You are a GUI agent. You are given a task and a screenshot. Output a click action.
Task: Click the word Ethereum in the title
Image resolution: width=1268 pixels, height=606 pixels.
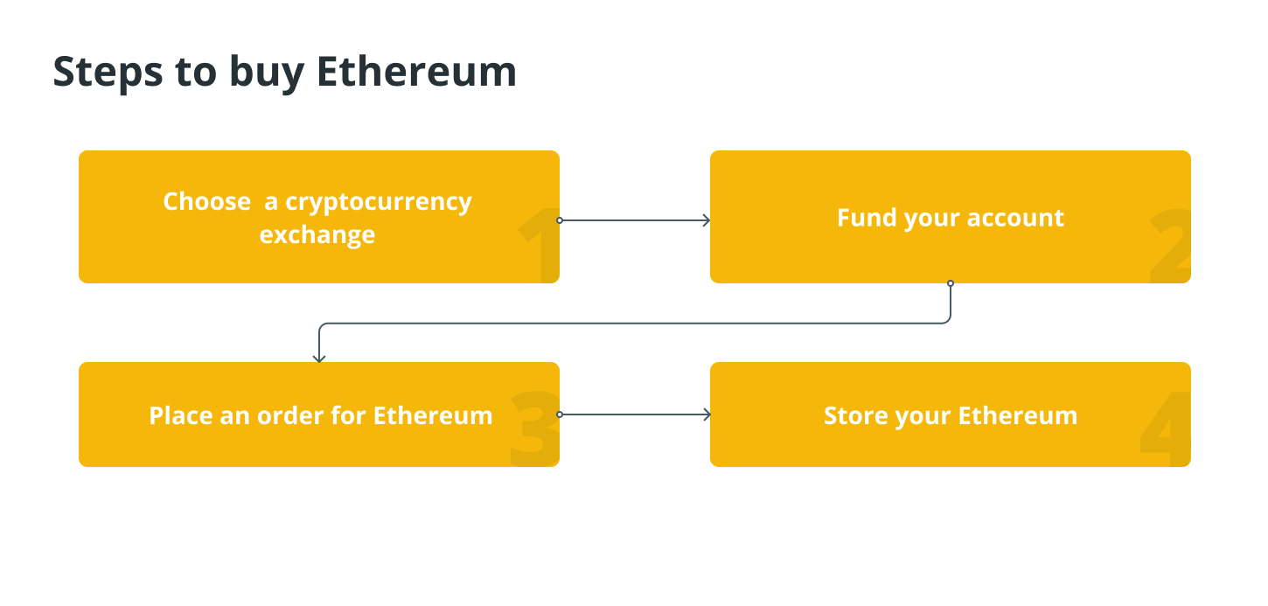(416, 71)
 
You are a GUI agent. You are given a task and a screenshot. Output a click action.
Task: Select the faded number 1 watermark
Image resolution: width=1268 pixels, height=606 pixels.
(539, 246)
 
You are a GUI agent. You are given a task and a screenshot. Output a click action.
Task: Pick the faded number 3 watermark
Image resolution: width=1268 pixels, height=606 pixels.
(534, 428)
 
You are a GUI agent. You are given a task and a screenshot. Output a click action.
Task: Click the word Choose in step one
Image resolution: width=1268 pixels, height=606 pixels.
(206, 201)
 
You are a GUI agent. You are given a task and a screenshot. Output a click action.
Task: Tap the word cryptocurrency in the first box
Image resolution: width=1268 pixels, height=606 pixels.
(379, 201)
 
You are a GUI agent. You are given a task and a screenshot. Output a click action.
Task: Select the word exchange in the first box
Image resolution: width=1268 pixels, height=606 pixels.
(317, 234)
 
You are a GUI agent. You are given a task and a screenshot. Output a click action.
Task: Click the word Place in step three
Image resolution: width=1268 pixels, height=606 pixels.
(181, 415)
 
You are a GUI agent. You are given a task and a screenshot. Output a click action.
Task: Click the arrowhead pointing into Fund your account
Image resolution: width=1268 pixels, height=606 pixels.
(706, 220)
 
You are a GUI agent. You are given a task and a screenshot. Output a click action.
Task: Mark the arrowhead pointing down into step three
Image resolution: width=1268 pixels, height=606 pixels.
(319, 358)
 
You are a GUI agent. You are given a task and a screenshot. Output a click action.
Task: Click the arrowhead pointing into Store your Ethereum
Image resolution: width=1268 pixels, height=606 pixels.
(706, 414)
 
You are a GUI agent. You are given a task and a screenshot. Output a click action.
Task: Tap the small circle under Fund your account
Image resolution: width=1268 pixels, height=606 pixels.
(951, 283)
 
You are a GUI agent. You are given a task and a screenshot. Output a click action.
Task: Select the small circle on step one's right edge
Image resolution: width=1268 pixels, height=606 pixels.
(560, 220)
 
